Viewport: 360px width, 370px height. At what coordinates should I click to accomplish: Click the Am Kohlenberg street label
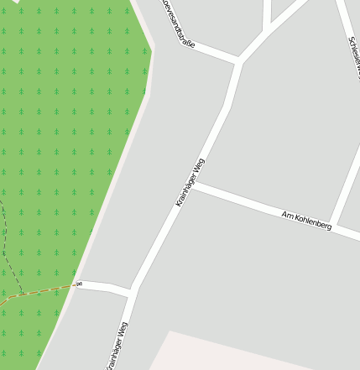pyautogui.click(x=307, y=221)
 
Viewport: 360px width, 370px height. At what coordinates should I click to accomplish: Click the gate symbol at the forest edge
pyautogui.click(x=78, y=284)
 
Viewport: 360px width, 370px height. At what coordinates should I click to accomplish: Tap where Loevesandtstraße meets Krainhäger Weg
pyautogui.click(x=239, y=61)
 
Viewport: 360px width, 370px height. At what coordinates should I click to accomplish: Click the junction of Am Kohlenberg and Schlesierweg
pyautogui.click(x=333, y=224)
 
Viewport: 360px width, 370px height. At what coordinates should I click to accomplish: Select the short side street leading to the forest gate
pyautogui.click(x=105, y=287)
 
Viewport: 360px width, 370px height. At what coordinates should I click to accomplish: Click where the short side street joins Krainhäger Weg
pyautogui.click(x=132, y=291)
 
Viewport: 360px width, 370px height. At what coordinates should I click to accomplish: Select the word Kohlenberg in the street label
pyautogui.click(x=314, y=223)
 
